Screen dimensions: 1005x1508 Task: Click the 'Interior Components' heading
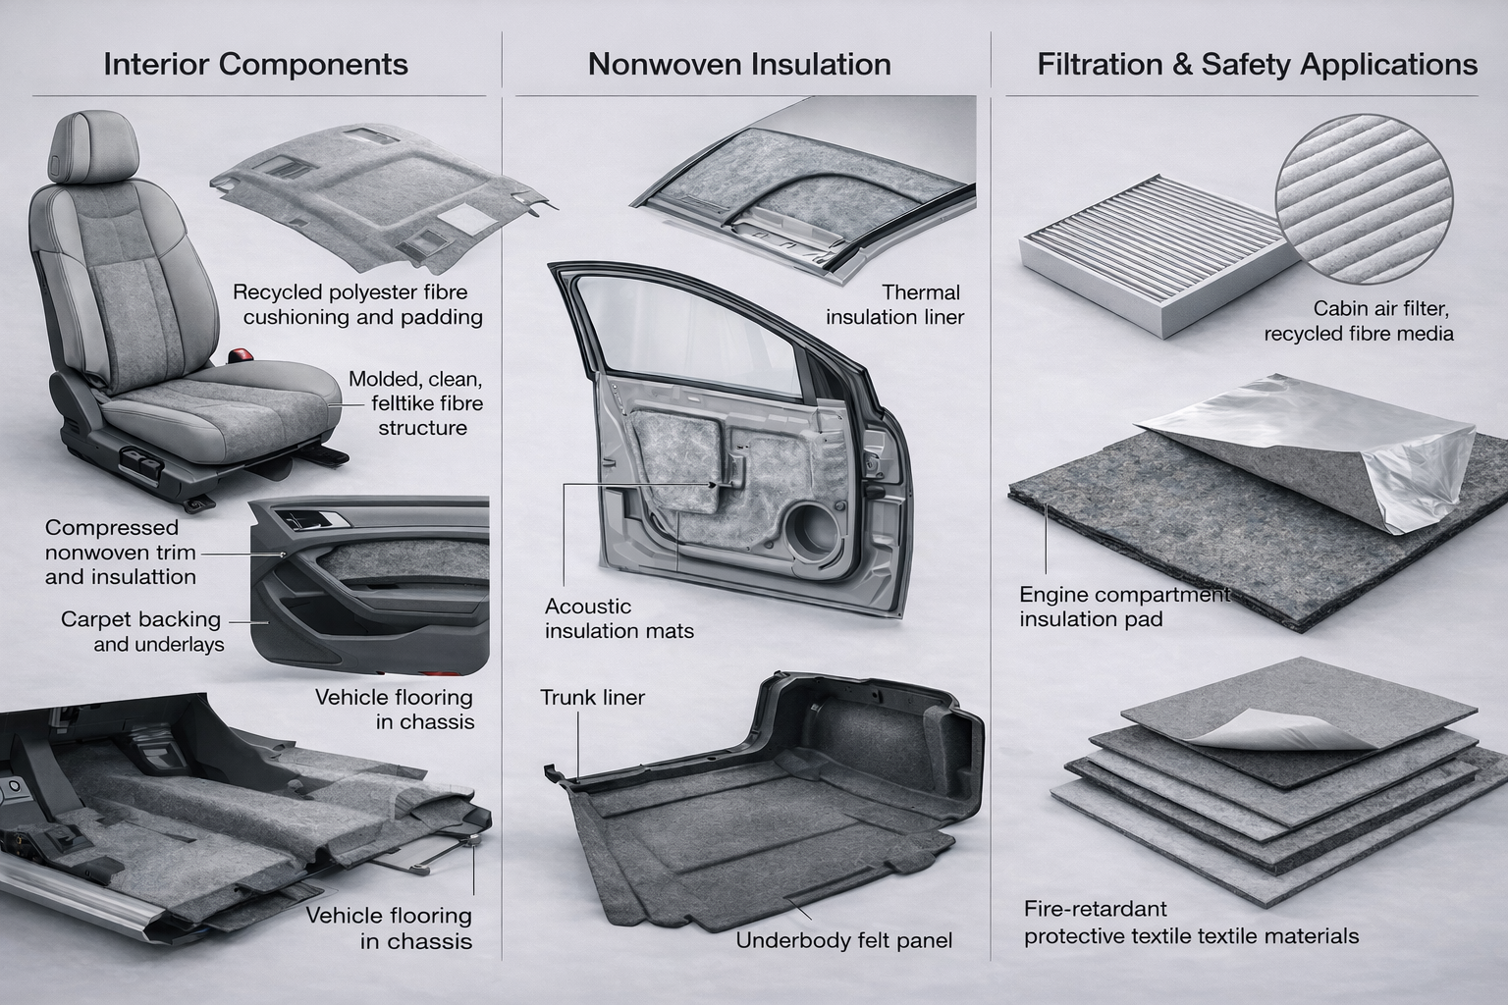coord(255,65)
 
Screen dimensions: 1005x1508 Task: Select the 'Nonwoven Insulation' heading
coord(739,65)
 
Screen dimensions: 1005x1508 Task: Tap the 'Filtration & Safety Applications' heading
coord(1257,65)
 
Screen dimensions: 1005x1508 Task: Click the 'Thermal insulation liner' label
coord(895,304)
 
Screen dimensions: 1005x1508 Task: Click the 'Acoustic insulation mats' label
coord(619,618)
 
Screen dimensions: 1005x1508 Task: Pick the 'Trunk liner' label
coord(592,698)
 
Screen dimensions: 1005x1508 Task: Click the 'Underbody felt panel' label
coord(844,941)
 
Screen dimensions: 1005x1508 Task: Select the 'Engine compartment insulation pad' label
coord(1123,607)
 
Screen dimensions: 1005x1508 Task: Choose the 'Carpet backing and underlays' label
coord(141,632)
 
